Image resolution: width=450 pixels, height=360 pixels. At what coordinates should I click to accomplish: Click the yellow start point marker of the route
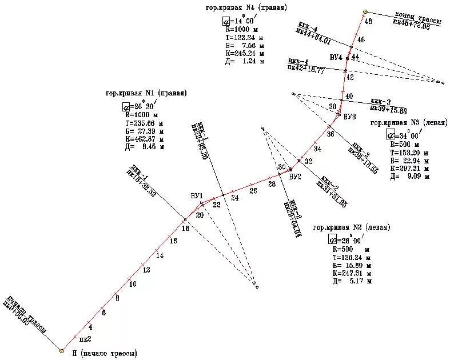click(x=62, y=350)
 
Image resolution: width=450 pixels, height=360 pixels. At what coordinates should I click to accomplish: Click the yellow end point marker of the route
click(x=365, y=11)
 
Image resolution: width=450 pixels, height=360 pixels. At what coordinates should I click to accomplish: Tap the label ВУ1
click(x=197, y=196)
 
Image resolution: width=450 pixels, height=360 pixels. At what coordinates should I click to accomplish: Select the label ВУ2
click(x=295, y=177)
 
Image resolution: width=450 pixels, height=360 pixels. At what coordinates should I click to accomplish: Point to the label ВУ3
click(x=350, y=116)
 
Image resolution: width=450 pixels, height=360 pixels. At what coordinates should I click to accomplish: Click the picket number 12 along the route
click(x=146, y=269)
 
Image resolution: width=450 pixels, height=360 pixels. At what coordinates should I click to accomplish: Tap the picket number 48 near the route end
click(x=368, y=21)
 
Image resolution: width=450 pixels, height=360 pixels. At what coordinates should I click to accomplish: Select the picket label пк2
click(x=85, y=339)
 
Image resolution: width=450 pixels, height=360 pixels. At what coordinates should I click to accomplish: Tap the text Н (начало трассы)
click(x=105, y=354)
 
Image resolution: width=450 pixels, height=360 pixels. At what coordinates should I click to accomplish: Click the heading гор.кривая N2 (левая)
click(x=352, y=227)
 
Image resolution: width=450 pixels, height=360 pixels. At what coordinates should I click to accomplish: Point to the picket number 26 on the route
click(x=253, y=190)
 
